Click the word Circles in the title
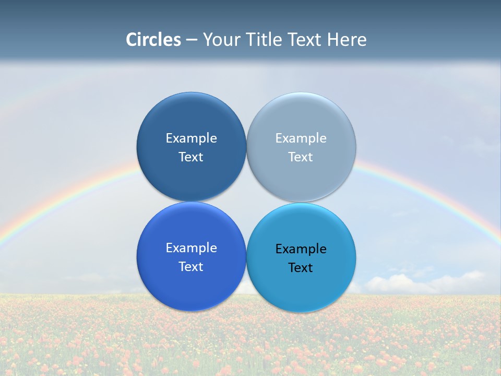153,40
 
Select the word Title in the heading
264,40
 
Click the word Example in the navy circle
191,138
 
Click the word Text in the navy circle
191,157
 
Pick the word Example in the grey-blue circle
301,138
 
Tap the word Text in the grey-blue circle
301,157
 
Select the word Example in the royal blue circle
191,248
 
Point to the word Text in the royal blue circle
191,267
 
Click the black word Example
301,249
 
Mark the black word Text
301,268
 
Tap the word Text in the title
305,40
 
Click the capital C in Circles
131,40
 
